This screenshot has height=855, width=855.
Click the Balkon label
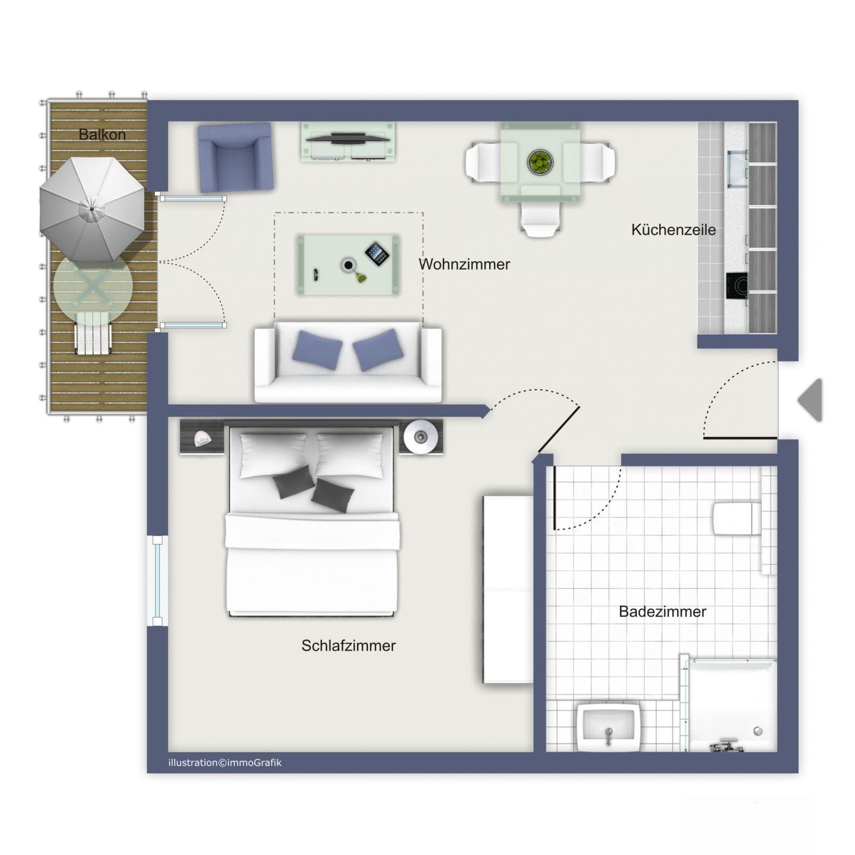(102, 134)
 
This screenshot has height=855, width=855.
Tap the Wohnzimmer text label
(464, 264)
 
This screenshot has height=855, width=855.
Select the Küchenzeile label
(673, 230)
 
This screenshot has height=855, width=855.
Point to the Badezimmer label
(663, 612)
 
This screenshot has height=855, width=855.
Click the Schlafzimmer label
(349, 645)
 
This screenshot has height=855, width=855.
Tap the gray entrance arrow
(810, 400)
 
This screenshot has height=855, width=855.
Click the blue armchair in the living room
(235, 157)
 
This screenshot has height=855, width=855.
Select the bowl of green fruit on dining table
(540, 162)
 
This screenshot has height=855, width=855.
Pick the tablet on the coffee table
(377, 254)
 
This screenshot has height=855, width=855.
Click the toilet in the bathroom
(737, 518)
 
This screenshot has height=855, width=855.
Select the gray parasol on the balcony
(92, 209)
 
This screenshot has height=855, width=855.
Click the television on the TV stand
(348, 138)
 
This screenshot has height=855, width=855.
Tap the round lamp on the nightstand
(420, 437)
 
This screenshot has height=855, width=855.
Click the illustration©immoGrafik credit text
(225, 762)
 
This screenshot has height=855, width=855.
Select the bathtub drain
(758, 731)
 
